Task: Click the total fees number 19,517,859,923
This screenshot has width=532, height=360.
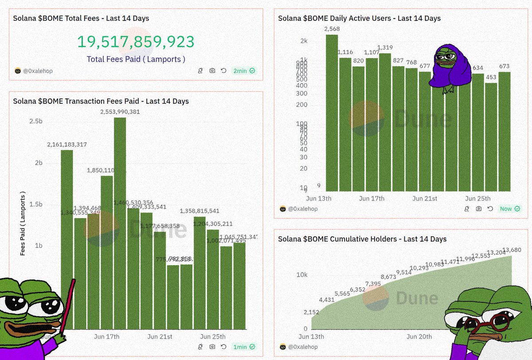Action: (136, 42)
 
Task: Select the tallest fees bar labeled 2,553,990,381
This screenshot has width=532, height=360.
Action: (120, 222)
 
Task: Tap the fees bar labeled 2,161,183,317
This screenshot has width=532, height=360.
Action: (67, 239)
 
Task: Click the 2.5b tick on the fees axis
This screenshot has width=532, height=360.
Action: (36, 121)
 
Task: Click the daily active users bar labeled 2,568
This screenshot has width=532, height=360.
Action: (332, 111)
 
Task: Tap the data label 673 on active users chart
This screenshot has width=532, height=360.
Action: (504, 67)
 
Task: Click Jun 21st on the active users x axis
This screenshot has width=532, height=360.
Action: (425, 199)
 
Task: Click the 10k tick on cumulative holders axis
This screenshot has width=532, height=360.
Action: (301, 275)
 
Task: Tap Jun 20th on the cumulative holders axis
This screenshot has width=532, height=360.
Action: (419, 337)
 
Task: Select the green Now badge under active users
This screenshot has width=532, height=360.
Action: (510, 208)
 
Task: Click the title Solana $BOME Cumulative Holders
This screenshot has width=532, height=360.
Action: (362, 239)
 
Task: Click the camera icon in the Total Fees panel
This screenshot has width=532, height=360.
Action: (212, 70)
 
